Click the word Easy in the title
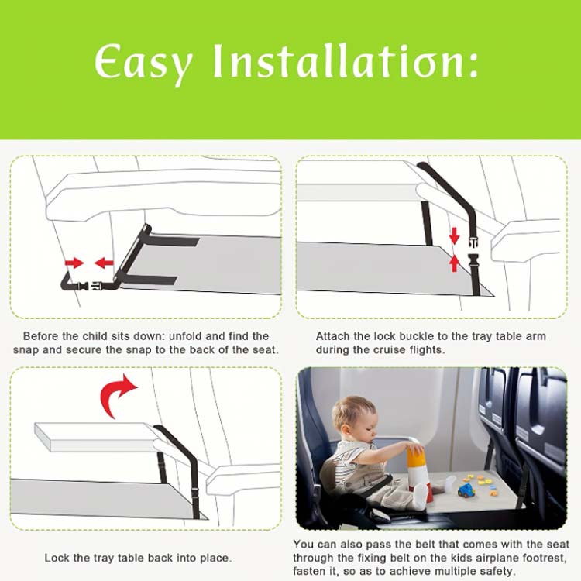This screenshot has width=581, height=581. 143,63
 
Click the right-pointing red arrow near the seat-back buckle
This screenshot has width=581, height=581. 74,263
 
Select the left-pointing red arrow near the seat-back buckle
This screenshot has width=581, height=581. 104,263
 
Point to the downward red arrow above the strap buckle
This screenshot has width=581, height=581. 454,235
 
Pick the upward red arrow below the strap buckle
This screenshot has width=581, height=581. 454,263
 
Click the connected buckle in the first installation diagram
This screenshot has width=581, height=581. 89,286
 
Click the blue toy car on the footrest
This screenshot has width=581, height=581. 466,490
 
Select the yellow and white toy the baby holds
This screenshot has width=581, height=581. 418,469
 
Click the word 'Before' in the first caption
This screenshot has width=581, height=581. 41,336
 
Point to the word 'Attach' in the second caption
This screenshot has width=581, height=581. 333,336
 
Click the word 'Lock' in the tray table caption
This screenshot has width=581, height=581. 56,558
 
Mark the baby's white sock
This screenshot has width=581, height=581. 421,497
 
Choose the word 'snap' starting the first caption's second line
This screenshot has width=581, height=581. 26,350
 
